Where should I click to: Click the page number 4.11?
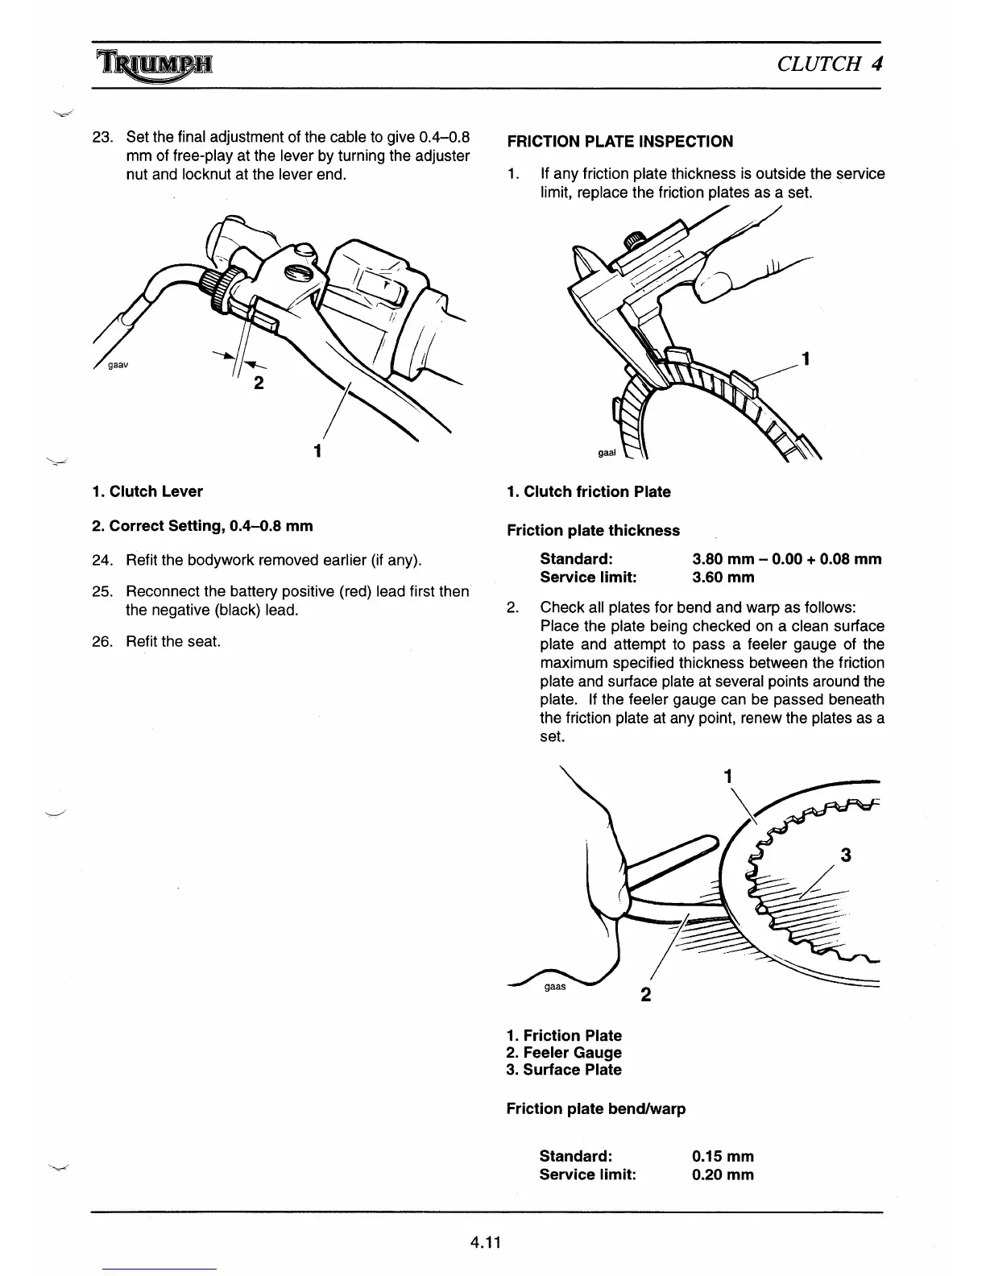click(487, 1242)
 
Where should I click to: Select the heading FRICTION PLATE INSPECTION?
click(619, 142)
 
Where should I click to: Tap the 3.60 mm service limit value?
click(723, 577)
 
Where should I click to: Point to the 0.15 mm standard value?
click(723, 1157)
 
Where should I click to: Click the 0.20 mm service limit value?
click(723, 1174)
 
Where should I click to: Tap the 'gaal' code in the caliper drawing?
click(606, 453)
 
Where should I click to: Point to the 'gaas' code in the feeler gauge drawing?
click(555, 986)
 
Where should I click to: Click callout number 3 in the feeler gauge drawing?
click(845, 855)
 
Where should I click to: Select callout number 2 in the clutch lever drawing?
click(258, 383)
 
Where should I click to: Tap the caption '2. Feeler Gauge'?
click(564, 1053)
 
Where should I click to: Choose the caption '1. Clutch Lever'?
click(147, 491)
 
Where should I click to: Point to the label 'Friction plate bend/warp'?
click(596, 1108)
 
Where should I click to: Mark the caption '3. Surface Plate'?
click(564, 1070)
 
